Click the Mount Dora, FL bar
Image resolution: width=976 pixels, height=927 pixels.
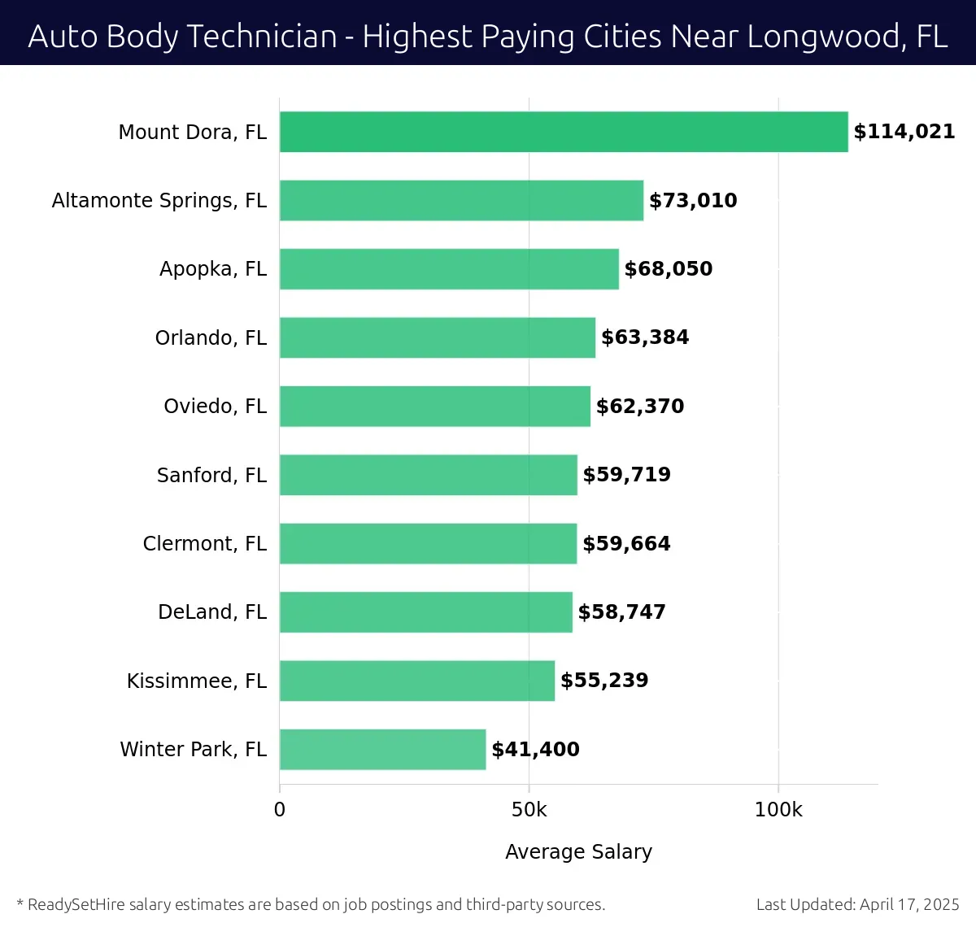[564, 132]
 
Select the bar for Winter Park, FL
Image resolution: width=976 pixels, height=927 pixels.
[382, 749]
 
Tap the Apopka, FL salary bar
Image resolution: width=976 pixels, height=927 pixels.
[449, 269]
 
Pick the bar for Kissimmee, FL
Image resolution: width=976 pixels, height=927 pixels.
[417, 681]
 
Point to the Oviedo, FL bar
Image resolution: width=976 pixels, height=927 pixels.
[435, 406]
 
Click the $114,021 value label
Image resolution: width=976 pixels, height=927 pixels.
[904, 132]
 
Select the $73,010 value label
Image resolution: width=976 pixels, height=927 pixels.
[693, 201]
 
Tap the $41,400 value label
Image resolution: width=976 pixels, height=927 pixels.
[535, 749]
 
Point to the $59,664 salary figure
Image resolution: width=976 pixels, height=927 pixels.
[626, 543]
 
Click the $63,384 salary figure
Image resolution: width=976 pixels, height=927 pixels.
[645, 337]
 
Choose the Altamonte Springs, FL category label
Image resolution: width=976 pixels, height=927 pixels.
[159, 201]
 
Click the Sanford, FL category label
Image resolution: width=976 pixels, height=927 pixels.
[211, 475]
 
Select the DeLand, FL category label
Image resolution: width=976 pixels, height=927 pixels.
[212, 611]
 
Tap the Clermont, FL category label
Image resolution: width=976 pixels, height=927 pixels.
[205, 543]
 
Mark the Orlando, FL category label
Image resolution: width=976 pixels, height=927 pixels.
[211, 337]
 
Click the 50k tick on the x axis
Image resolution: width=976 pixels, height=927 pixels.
[529, 810]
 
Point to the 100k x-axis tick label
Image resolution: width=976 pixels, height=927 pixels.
[778, 810]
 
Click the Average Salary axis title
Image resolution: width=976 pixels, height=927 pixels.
[578, 851]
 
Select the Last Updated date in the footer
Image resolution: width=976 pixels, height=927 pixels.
[857, 904]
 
